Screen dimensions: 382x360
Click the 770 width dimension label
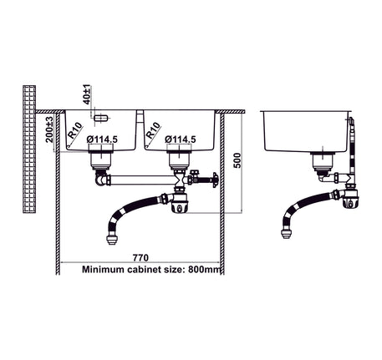click(x=140, y=258)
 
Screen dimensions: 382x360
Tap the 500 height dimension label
click(x=237, y=160)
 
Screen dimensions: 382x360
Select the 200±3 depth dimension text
click(x=49, y=129)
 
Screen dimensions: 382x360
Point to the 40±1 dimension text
click(x=87, y=95)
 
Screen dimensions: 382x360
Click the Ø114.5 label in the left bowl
click(x=102, y=139)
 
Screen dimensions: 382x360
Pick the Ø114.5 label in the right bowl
click(x=181, y=139)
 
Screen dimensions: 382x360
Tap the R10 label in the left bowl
click(x=75, y=130)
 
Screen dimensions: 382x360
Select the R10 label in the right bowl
click(x=153, y=130)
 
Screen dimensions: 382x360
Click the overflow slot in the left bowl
click(x=100, y=118)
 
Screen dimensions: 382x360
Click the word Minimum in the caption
click(x=103, y=270)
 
